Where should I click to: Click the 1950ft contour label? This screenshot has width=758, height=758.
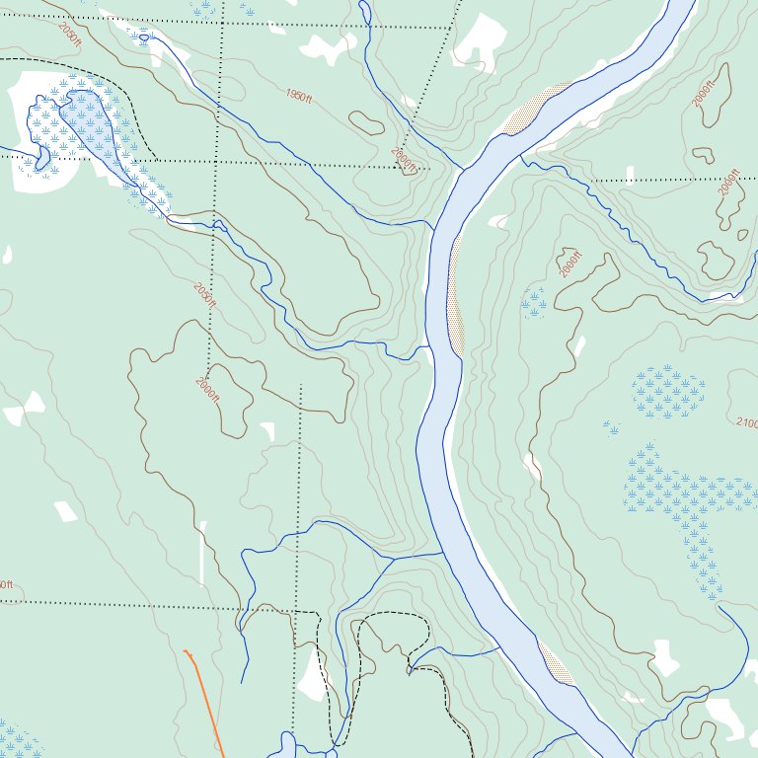[298, 96]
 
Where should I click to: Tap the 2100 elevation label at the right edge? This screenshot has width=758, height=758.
[746, 423]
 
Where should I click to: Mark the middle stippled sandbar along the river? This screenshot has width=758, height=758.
[455, 296]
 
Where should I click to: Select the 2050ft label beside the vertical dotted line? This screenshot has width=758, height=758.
[204, 295]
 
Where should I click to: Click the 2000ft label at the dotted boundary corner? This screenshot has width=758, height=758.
[404, 159]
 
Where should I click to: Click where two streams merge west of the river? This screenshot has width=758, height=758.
[393, 559]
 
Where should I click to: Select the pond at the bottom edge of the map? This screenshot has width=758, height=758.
[286, 746]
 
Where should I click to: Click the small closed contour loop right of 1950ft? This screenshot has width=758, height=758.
[366, 123]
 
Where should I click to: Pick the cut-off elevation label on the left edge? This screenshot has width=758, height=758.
[6, 584]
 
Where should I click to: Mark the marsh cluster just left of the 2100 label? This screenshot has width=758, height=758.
[668, 392]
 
